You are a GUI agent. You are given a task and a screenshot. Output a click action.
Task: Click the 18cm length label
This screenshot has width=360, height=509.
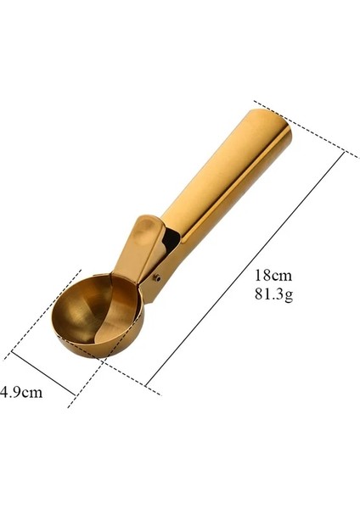point(271,276)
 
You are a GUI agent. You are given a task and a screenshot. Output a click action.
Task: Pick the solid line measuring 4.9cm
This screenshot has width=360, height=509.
point(47,373)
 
